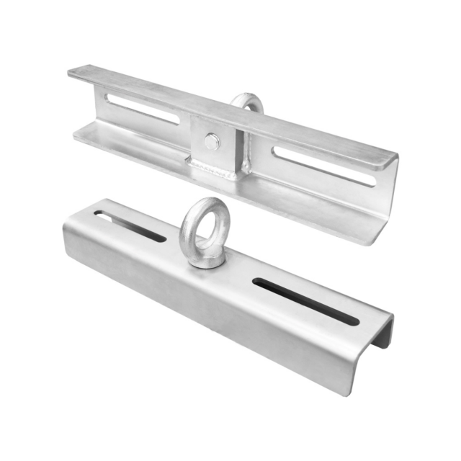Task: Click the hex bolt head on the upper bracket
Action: tap(211, 143)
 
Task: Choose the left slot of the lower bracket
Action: tap(130, 225)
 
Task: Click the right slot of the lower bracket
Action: tap(305, 300)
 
